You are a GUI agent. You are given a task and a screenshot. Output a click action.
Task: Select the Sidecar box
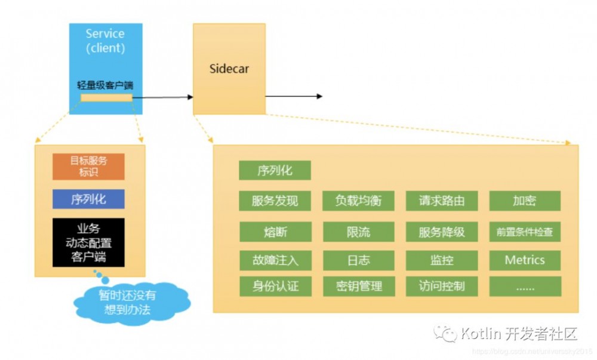pos(229,69)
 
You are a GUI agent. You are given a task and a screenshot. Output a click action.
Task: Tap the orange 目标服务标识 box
pos(88,167)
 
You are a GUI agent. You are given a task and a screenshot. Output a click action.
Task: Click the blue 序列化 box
pos(88,199)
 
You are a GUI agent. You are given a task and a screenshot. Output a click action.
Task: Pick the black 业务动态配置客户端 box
pos(88,242)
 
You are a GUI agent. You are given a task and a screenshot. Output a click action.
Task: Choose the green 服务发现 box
pos(275,201)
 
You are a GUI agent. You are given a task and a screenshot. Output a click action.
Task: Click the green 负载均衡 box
pos(358,201)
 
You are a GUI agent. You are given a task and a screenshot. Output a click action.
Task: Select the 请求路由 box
pos(442,201)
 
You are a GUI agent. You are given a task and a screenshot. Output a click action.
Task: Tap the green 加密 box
pos(525,201)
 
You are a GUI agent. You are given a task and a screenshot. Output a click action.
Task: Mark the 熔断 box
pos(275,232)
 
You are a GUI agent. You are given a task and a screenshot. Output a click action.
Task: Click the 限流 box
pos(358,232)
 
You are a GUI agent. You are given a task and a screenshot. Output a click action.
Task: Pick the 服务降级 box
pos(442,232)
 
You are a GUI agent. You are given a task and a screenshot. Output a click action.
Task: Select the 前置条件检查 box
pos(525,232)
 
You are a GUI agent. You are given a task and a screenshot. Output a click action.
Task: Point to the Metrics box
pos(525,260)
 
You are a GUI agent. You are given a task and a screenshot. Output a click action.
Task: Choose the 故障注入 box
pos(275,260)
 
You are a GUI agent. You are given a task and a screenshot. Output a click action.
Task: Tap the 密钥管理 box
pos(358,286)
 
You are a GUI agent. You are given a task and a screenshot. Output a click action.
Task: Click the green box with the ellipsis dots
pos(525,286)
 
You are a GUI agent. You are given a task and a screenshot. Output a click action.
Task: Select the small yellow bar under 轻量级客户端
pos(106,97)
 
